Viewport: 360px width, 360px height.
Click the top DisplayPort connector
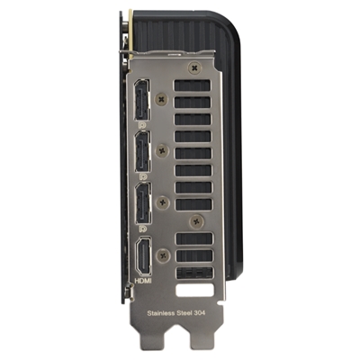(x=142, y=100)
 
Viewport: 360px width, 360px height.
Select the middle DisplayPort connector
(x=142, y=152)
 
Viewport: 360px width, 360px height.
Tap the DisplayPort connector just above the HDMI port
(x=143, y=203)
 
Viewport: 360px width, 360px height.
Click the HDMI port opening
(x=144, y=256)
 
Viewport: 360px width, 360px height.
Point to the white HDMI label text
(x=143, y=281)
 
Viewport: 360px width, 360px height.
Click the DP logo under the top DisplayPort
(x=142, y=125)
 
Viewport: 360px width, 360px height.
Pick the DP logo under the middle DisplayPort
(x=142, y=176)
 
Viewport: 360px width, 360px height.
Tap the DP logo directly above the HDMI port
(x=143, y=229)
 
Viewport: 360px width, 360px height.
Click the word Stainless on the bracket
(x=161, y=313)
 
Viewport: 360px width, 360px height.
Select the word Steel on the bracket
(x=184, y=313)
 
